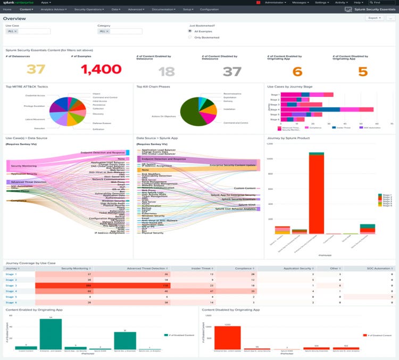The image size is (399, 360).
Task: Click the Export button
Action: tap(375, 18)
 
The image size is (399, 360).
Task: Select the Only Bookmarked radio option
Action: tap(190, 37)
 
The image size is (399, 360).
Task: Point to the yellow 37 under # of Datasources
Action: tap(36, 69)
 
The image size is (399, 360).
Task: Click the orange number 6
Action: tap(297, 72)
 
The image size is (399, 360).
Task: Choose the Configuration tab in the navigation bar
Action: tap(209, 10)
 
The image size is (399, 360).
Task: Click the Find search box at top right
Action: tap(382, 3)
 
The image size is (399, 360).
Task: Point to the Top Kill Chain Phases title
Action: tap(154, 86)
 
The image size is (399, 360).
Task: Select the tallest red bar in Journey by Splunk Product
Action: tap(317, 194)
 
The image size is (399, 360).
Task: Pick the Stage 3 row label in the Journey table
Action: tap(11, 286)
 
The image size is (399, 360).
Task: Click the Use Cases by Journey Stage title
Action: tap(290, 86)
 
